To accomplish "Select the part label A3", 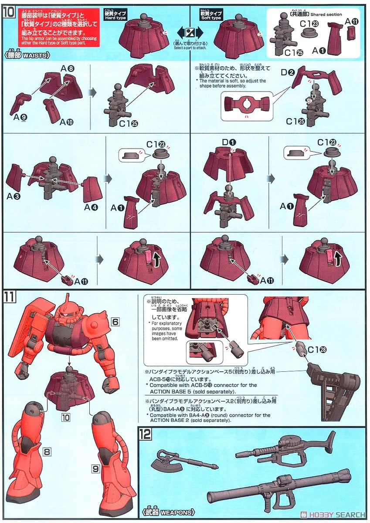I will pyautogui.click(x=14, y=196).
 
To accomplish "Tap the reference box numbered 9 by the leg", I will pyautogui.click(x=96, y=469).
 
